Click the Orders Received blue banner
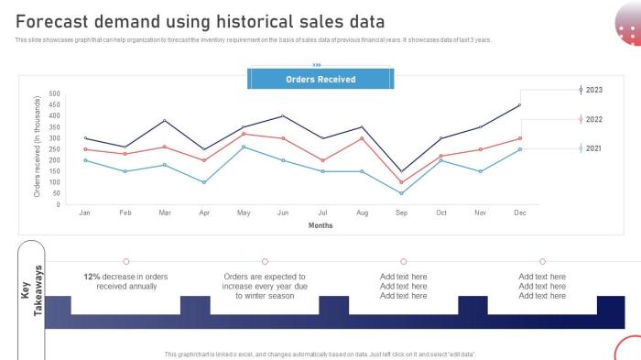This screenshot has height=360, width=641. point(320,80)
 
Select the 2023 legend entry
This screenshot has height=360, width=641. point(592,90)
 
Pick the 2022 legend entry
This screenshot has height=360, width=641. point(592,119)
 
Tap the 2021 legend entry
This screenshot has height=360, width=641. point(592,148)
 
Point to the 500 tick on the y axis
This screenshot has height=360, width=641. point(53,93)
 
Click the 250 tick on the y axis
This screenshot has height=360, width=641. point(53,149)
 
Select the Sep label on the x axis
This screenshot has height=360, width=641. point(402,213)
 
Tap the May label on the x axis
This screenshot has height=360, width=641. point(244,213)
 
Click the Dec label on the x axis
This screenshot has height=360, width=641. point(520,213)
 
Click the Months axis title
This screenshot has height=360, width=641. point(320,225)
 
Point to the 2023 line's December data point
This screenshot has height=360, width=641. point(520,105)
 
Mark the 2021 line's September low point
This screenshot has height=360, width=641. point(402,193)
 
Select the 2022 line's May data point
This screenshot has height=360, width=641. point(244,134)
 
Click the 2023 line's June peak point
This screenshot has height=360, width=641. point(283,116)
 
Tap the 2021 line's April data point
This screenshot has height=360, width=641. point(204,182)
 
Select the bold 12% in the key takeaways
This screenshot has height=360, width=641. point(92,276)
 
